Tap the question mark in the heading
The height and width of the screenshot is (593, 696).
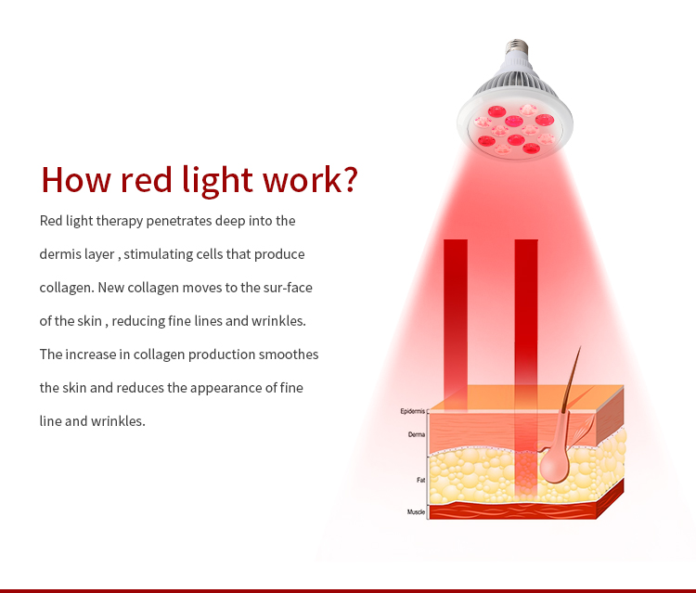coord(344,180)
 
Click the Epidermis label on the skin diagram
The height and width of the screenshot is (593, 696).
coord(413,411)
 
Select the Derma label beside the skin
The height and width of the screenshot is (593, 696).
coord(417,433)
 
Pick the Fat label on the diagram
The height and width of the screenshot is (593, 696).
coord(421,480)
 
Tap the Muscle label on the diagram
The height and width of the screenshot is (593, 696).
coord(416,512)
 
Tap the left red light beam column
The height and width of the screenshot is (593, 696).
coord(455,316)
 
